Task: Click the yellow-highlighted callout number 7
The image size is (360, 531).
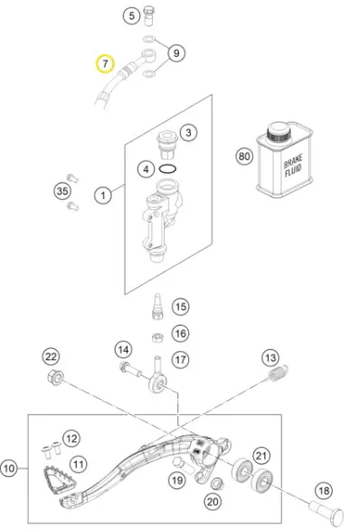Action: pyautogui.click(x=105, y=63)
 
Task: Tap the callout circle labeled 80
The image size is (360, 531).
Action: pyautogui.click(x=244, y=156)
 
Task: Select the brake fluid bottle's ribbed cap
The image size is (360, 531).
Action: pyautogui.click(x=279, y=133)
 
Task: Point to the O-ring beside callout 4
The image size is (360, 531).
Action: pyautogui.click(x=167, y=168)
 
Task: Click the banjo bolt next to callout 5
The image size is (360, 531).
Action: pyautogui.click(x=149, y=15)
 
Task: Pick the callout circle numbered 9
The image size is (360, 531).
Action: pyautogui.click(x=176, y=53)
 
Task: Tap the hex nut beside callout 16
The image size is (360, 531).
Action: pyautogui.click(x=157, y=337)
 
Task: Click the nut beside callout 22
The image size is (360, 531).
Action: pyautogui.click(x=55, y=376)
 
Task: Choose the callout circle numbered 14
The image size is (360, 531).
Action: pyautogui.click(x=123, y=350)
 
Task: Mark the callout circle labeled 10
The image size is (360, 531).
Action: pyautogui.click(x=9, y=469)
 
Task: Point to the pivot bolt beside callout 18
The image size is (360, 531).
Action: pyautogui.click(x=327, y=512)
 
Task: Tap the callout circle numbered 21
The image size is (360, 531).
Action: pyautogui.click(x=261, y=456)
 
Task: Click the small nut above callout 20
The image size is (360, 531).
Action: pyautogui.click(x=216, y=484)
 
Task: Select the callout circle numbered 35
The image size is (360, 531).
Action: pyautogui.click(x=62, y=191)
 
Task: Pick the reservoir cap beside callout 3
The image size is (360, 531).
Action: pyautogui.click(x=167, y=145)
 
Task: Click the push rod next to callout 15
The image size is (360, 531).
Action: pyautogui.click(x=157, y=307)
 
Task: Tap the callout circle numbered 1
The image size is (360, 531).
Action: pyautogui.click(x=103, y=195)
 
